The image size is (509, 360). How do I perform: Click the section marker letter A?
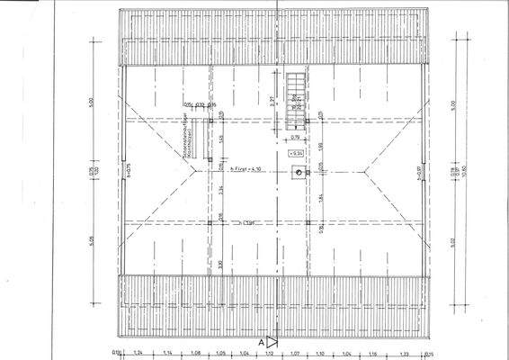[262, 342]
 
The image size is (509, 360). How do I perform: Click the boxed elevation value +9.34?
[296, 155]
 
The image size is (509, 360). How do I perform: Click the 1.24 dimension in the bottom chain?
[138, 354]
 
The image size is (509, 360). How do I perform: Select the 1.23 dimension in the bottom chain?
[405, 354]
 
